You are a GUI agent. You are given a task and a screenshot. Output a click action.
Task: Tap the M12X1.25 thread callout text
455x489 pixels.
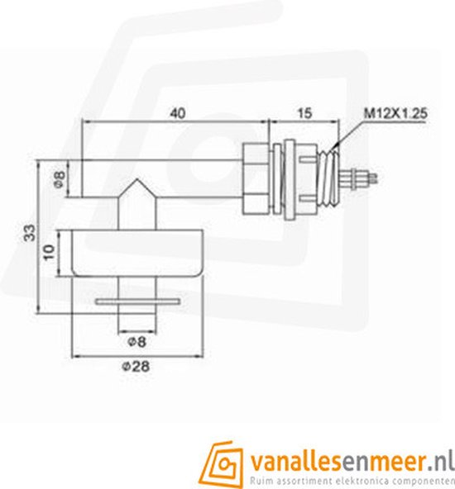coord(394,113)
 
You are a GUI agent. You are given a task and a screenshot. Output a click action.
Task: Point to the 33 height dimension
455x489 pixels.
coord(30,232)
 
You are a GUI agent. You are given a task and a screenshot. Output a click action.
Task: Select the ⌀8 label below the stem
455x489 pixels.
coord(137,339)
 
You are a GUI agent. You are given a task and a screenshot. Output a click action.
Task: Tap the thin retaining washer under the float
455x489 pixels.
coord(137,301)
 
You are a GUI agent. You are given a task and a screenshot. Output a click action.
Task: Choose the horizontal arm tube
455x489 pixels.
coord(165,178)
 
